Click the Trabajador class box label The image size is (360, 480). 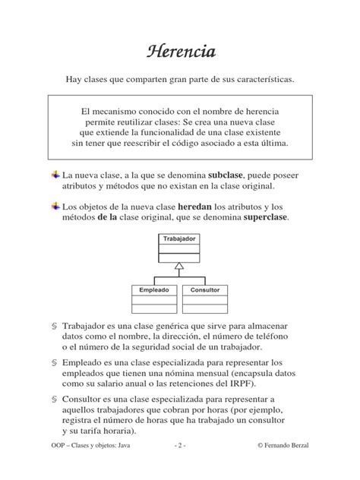click(178, 238)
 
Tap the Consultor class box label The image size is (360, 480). click(204, 289)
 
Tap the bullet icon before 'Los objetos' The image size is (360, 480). click(55, 206)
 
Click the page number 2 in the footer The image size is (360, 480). click(179, 464)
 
